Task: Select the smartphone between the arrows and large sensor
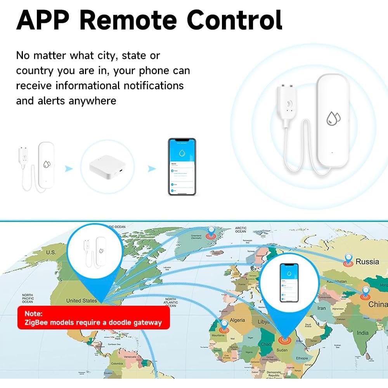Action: pyautogui.click(x=182, y=167)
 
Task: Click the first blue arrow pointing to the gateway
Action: pyautogui.click(x=69, y=168)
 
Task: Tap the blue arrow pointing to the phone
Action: pyautogui.click(x=152, y=168)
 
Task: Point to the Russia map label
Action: pyautogui.click(x=367, y=262)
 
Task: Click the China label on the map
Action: pyautogui.click(x=378, y=305)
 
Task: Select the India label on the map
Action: pyautogui.click(x=363, y=333)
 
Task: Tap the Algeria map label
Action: pyautogui.click(x=237, y=320)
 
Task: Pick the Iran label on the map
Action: pyautogui.click(x=322, y=308)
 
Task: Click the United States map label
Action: pyautogui.click(x=81, y=301)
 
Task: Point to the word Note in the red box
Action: pyautogui.click(x=33, y=313)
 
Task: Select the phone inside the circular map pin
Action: pyautogui.click(x=289, y=283)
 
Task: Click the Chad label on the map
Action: pyautogui.click(x=266, y=344)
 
